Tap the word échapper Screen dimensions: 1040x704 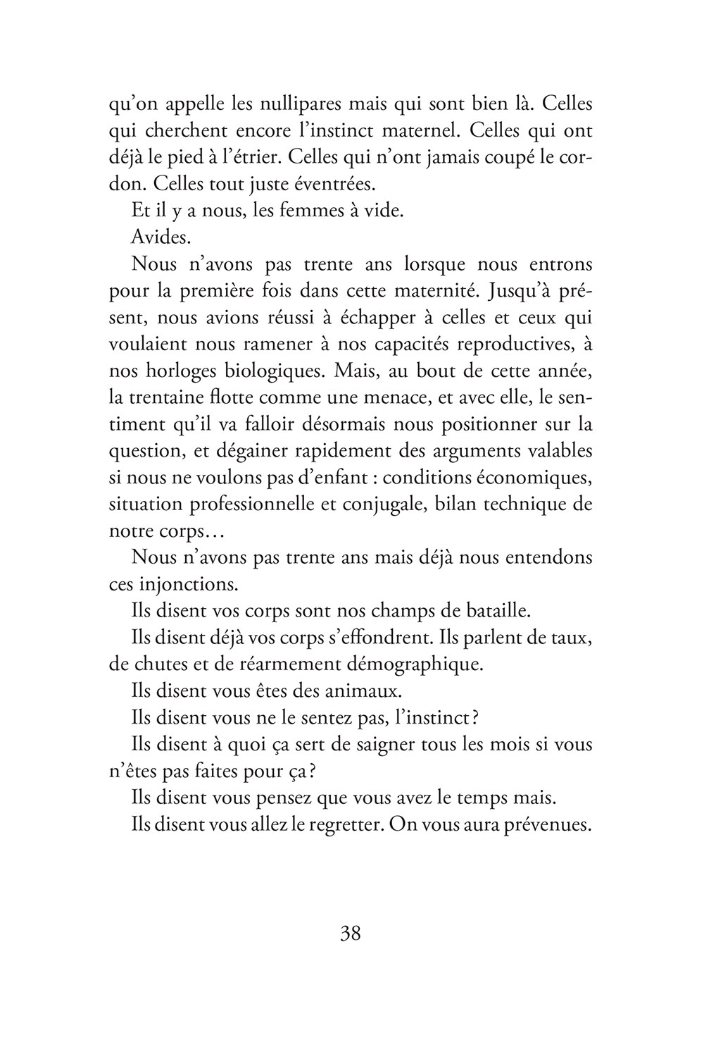tap(379, 317)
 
